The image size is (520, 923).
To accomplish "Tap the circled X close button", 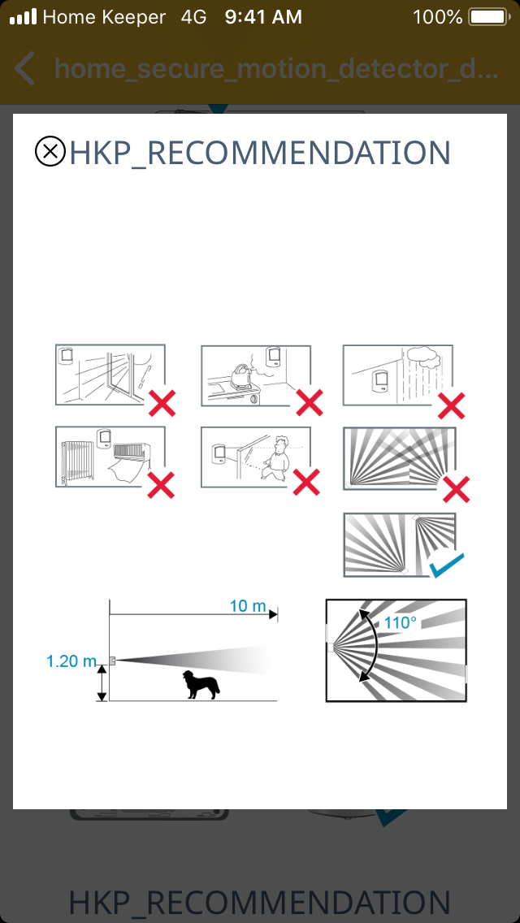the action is pyautogui.click(x=50, y=151).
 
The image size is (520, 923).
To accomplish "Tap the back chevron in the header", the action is pyautogui.click(x=24, y=68).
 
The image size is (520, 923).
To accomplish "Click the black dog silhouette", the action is pyautogui.click(x=201, y=685).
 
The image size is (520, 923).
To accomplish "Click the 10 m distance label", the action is pyautogui.click(x=247, y=605).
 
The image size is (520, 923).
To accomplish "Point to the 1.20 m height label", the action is pyautogui.click(x=71, y=661).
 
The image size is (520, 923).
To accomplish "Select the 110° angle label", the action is pyautogui.click(x=401, y=622).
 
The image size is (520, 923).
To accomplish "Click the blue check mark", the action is pyautogui.click(x=446, y=565).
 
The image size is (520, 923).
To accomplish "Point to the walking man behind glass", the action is pyautogui.click(x=276, y=457).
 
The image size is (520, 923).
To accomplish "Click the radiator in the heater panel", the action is pyautogui.click(x=76, y=461).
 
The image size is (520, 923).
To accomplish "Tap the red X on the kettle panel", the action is pyautogui.click(x=310, y=403).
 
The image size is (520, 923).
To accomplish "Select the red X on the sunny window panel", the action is pyautogui.click(x=162, y=403).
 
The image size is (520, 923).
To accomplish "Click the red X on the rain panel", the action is pyautogui.click(x=452, y=405).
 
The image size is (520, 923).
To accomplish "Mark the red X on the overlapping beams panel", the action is pyautogui.click(x=456, y=488).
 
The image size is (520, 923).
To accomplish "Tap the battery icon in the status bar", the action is pyautogui.click(x=488, y=17).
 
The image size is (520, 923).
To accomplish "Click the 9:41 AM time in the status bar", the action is pyautogui.click(x=263, y=17).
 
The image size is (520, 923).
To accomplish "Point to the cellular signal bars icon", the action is pyautogui.click(x=23, y=17).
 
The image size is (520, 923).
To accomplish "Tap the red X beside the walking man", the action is pyautogui.click(x=306, y=483).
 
